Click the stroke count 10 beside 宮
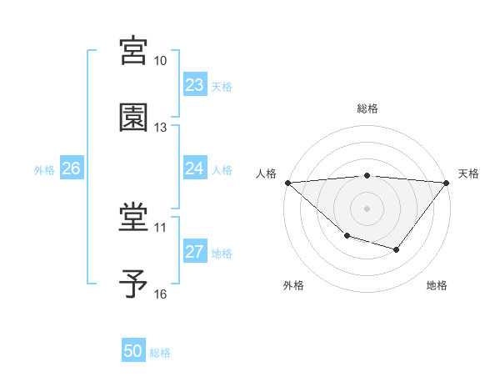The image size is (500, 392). point(161,61)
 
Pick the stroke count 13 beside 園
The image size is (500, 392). point(161,128)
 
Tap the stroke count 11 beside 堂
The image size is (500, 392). point(161,227)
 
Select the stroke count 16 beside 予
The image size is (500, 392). point(161,294)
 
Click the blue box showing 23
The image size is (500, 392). point(194,85)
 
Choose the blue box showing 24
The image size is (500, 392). point(194,168)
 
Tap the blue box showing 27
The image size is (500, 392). point(194,252)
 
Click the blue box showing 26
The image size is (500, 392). point(72,168)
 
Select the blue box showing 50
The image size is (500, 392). point(133,351)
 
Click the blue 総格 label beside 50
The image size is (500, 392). point(161,353)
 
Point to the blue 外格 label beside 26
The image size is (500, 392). point(44,170)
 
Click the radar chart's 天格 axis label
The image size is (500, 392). point(469,173)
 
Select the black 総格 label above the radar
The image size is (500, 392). point(367,108)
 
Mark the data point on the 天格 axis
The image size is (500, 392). point(447,183)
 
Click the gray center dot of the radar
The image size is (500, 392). point(367,208)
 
